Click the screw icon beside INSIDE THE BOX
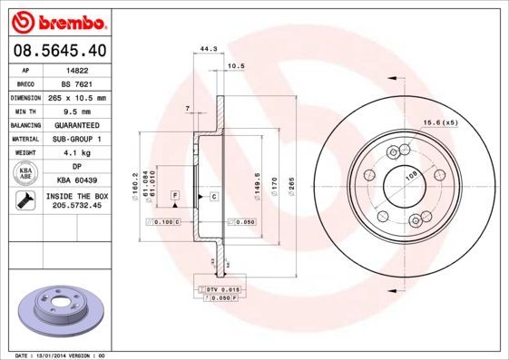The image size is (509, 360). click(x=26, y=201)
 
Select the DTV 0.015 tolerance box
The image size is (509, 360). click(x=220, y=288)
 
